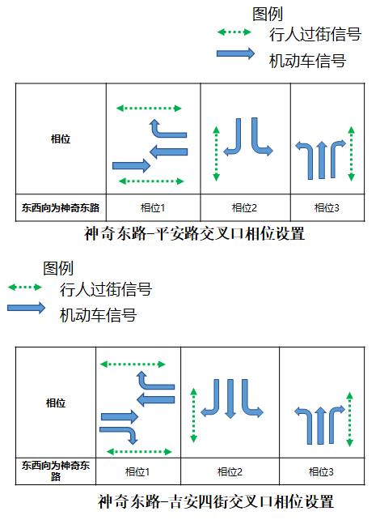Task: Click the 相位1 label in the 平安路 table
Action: tap(153, 208)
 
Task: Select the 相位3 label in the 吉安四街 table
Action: tap(321, 471)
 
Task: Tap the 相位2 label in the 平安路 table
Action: tap(245, 208)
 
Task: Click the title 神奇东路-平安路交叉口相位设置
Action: tap(194, 233)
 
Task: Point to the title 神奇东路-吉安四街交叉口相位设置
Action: tap(216, 501)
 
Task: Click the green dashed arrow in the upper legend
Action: tap(234, 32)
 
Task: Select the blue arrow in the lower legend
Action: tap(26, 308)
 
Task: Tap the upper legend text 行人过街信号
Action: tap(315, 35)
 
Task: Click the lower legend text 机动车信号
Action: tap(98, 315)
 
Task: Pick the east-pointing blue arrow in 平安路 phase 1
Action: tap(132, 165)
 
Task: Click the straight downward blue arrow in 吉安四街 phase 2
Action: tap(230, 399)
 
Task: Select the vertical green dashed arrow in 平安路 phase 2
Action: tap(216, 154)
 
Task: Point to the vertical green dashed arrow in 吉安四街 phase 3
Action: tap(349, 420)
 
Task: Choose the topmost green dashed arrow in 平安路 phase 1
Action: tap(149, 108)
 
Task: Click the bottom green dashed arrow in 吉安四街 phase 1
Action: tap(139, 451)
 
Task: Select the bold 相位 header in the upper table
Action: tap(61, 139)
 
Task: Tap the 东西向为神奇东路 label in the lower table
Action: tap(56, 471)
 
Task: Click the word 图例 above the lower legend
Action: tap(58, 267)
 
